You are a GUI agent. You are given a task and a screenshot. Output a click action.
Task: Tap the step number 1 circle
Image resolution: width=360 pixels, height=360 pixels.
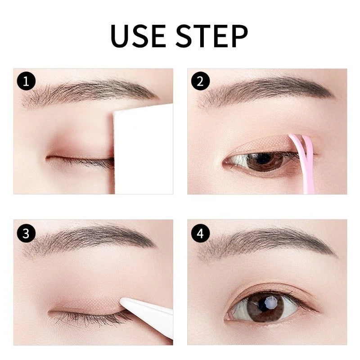coord(26,81)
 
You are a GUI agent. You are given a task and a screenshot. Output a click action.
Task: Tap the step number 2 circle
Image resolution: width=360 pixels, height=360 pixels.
coord(200,81)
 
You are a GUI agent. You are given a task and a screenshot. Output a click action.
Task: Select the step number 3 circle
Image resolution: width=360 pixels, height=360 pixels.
coord(26,233)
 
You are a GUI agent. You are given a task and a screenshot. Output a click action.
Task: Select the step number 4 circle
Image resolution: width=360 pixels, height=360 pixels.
coord(200,233)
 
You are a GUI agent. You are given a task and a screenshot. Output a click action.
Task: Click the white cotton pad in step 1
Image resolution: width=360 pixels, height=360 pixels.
coord(143,148)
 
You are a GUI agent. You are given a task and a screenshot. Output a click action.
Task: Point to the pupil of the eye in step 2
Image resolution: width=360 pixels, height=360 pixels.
coord(263,160)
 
